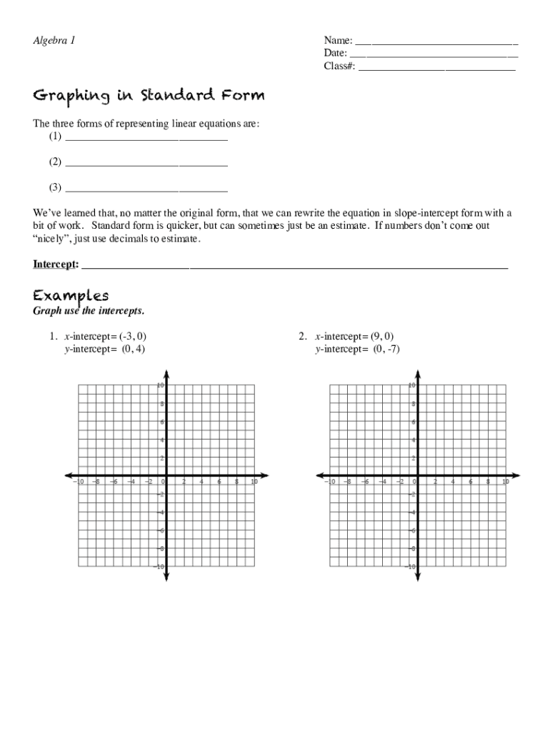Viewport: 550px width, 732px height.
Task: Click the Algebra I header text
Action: point(54,41)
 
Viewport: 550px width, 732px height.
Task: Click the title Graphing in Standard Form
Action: point(149,96)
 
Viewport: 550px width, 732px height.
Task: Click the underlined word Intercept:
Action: point(56,264)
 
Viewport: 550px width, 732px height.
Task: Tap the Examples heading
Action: point(71,295)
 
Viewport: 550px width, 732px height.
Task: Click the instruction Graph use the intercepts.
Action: point(89,311)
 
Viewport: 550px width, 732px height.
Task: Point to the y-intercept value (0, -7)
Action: point(384,349)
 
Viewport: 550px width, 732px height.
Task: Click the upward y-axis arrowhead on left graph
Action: point(166,373)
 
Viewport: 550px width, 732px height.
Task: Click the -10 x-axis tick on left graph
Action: point(79,482)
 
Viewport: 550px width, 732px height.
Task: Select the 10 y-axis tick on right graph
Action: point(411,385)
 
